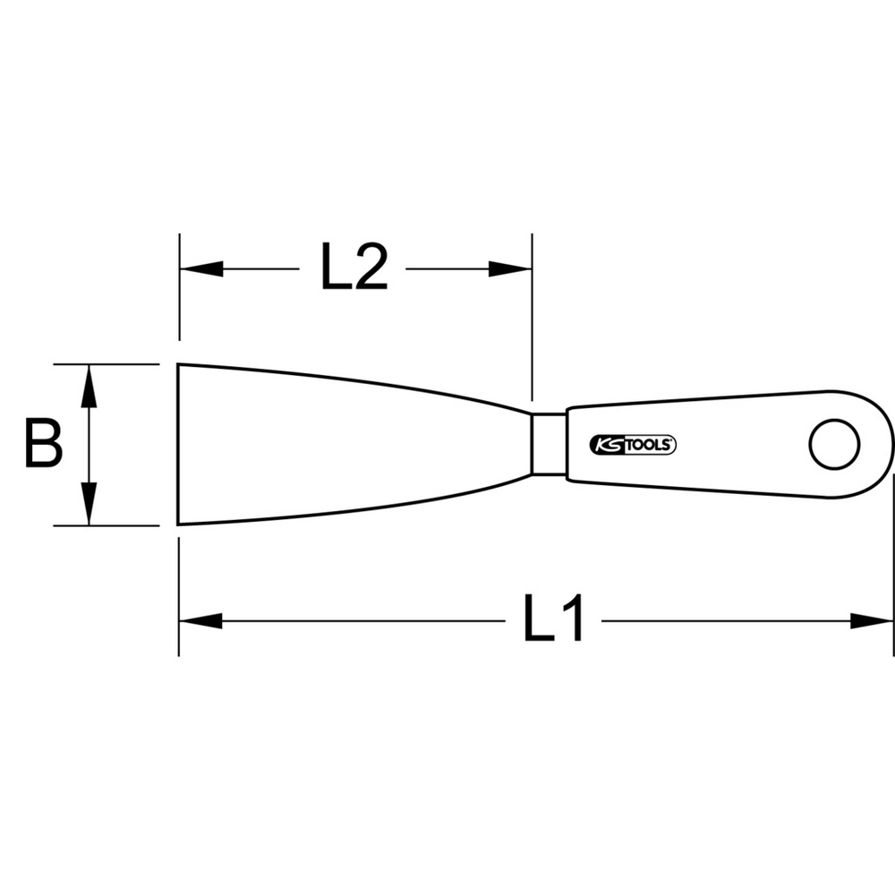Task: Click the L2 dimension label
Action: [354, 267]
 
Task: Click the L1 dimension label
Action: [553, 618]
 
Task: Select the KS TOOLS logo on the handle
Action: [633, 445]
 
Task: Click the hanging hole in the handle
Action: [834, 445]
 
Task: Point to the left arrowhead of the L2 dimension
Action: [201, 268]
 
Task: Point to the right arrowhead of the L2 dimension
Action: [510, 268]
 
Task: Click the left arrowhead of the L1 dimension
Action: [200, 621]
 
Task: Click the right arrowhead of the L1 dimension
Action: [872, 621]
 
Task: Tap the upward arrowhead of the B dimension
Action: [89, 386]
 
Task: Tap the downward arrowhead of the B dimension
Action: [89, 503]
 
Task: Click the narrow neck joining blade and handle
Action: [550, 444]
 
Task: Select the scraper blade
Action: [354, 444]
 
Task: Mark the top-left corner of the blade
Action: [177, 363]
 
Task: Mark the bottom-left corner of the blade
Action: [177, 524]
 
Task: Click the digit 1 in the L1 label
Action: [573, 618]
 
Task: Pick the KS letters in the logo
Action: [609, 445]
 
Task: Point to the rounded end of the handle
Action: [882, 445]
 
